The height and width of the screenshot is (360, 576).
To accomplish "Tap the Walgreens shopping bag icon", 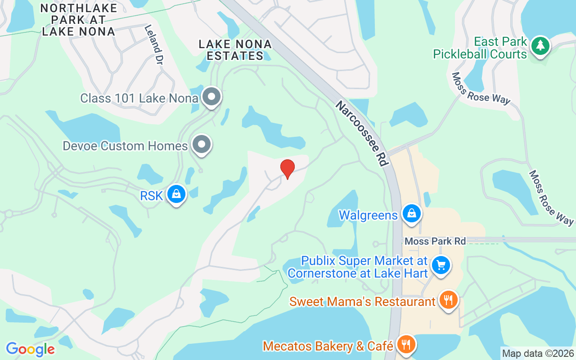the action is tap(411, 214).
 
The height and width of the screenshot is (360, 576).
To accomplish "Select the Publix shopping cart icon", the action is tap(441, 265).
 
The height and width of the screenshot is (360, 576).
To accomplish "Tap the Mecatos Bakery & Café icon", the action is tap(406, 345).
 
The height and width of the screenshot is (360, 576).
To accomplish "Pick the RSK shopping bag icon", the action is tap(176, 194).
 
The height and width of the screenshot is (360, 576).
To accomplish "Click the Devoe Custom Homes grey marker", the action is tap(202, 144).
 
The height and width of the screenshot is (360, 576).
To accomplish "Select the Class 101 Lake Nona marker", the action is tap(211, 97).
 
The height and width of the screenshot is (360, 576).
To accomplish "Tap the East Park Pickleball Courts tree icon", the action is tap(540, 46).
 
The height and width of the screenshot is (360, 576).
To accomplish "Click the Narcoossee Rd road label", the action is tap(362, 133).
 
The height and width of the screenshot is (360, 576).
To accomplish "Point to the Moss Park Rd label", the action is tap(435, 241).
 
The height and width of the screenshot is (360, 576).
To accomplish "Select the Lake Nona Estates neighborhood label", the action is tap(235, 50).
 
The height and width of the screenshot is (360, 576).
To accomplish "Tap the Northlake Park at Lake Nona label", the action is tap(79, 20).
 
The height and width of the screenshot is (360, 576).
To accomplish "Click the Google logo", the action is tap(30, 349).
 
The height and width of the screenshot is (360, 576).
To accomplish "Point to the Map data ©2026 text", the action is tap(538, 353).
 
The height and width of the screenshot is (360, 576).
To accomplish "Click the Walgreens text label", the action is tap(368, 215).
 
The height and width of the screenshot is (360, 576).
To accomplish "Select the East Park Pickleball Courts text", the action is tap(480, 48).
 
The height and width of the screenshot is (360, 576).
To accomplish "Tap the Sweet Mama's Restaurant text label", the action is tap(362, 301).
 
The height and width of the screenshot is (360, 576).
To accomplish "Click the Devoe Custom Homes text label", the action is tap(125, 146).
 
